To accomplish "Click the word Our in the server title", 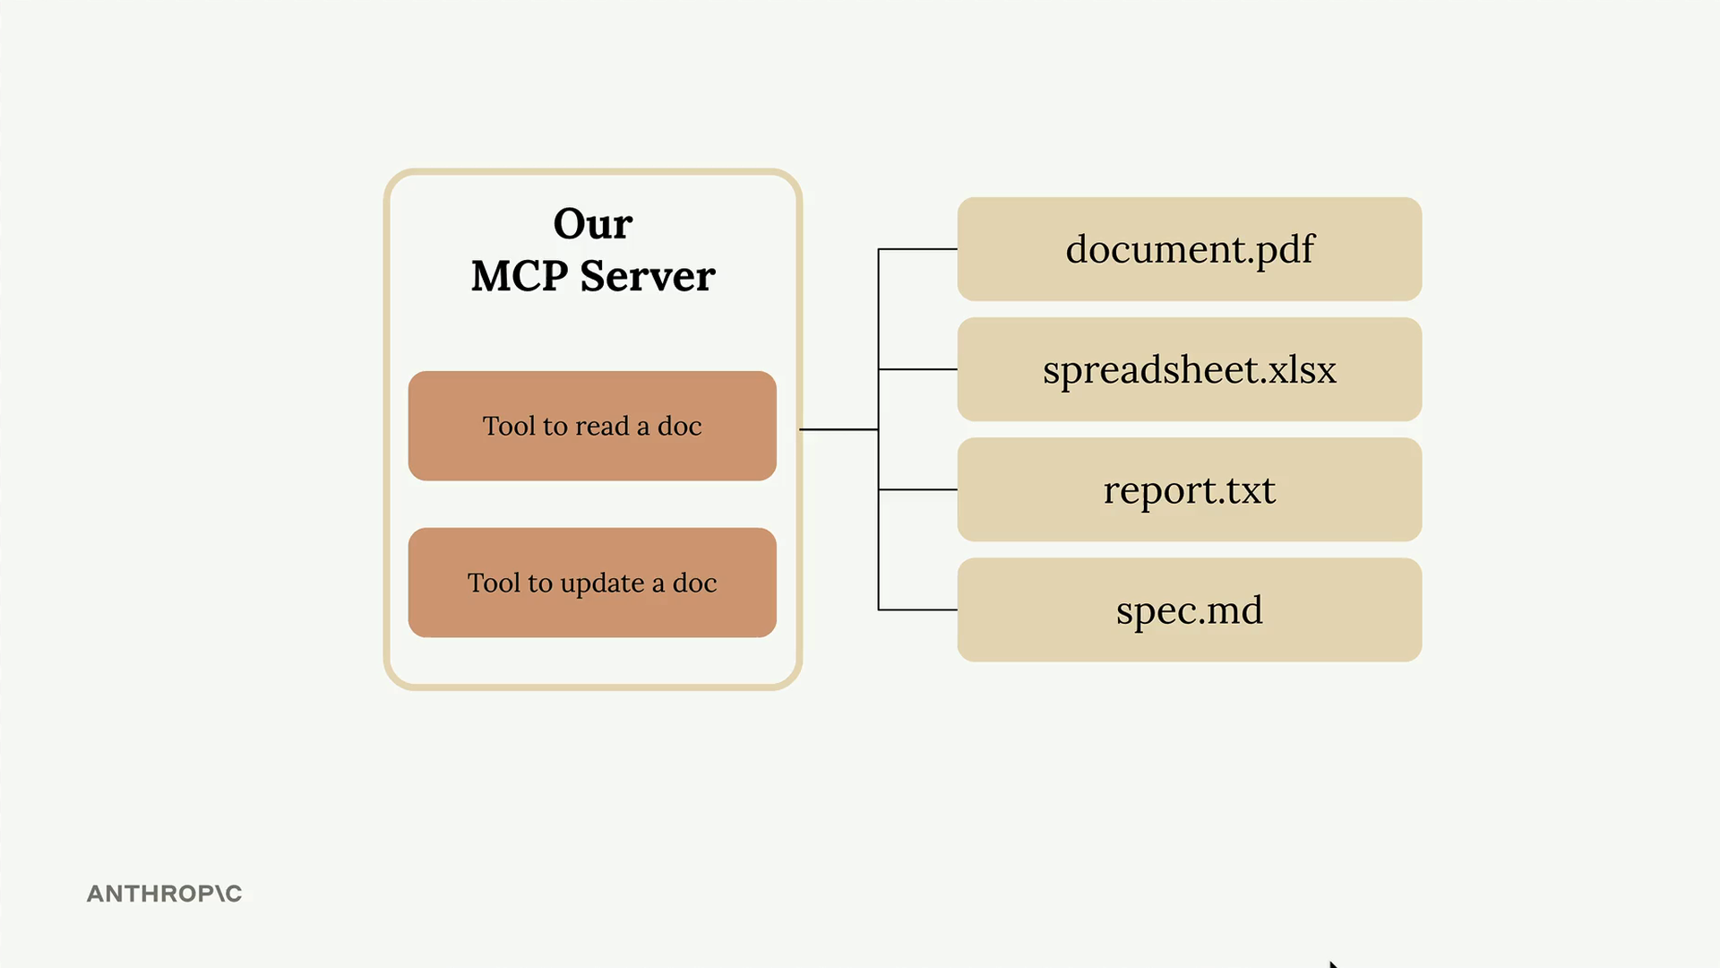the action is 593,223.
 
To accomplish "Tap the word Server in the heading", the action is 648,275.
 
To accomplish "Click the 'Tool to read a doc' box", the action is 592,426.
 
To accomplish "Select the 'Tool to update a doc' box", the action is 592,583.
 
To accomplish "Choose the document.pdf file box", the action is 1190,249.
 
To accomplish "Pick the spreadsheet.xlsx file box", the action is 1190,369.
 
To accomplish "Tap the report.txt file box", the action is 1190,489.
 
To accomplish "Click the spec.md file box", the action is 1190,610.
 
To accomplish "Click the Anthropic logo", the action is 164,894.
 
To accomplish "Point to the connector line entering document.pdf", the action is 917,249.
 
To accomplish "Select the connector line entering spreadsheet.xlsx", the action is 917,369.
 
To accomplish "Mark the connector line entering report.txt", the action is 917,489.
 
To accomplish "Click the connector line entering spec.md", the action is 917,610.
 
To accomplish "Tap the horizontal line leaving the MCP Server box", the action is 838,429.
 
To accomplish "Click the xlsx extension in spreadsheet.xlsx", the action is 1303,369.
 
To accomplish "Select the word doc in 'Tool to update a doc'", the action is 694,583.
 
